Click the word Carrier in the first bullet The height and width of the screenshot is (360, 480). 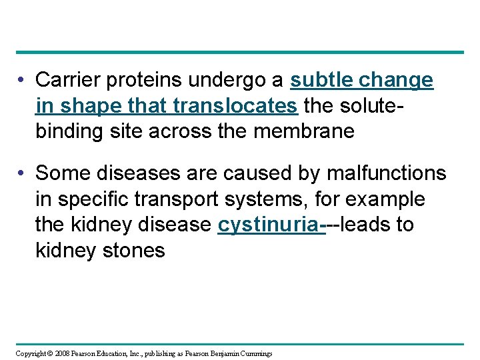pos(63,81)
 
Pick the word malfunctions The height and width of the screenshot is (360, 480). pos(387,173)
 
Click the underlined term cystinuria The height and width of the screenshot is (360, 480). pos(269,225)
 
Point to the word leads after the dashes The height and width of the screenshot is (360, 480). pos(367,225)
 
